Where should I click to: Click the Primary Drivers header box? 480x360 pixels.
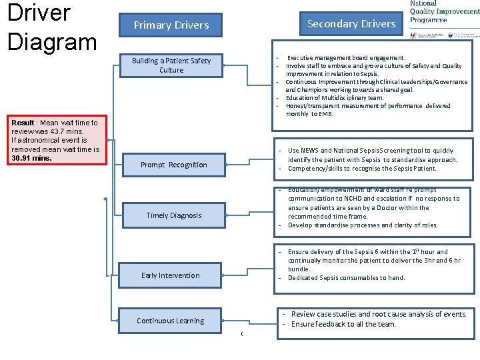pyautogui.click(x=171, y=25)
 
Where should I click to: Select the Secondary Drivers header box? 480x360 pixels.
pyautogui.click(x=351, y=24)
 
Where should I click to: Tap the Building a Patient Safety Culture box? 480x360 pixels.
pyautogui.click(x=171, y=65)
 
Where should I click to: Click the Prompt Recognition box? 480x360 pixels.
pyautogui.click(x=174, y=165)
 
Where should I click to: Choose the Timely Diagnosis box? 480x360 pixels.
pyautogui.click(x=174, y=215)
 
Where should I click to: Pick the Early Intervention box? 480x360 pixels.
pyautogui.click(x=171, y=275)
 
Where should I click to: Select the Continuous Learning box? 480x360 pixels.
pyautogui.click(x=171, y=321)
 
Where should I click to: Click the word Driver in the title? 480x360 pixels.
pyautogui.click(x=39, y=13)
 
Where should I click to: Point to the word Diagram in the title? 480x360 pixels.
pyautogui.click(x=52, y=41)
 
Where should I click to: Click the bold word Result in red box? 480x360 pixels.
pyautogui.click(x=24, y=123)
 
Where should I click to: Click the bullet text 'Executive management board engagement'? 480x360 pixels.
pyautogui.click(x=345, y=58)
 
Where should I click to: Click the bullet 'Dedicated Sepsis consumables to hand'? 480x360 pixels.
pyautogui.click(x=346, y=278)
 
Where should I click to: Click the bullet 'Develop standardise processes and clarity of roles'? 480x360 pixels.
pyautogui.click(x=363, y=225)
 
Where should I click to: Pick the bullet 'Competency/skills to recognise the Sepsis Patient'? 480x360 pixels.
pyautogui.click(x=362, y=169)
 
